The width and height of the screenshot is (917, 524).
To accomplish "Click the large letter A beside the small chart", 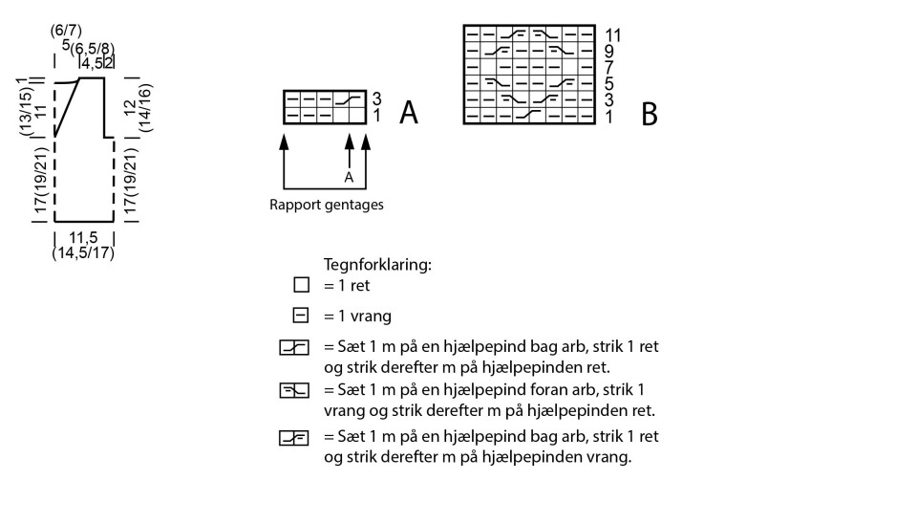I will pyautogui.click(x=409, y=113).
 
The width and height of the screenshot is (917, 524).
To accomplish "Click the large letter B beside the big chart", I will pyautogui.click(x=650, y=115).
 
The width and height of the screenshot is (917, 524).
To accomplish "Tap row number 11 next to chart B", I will pyautogui.click(x=613, y=35).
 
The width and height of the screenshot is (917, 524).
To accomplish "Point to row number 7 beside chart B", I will pyautogui.click(x=609, y=68).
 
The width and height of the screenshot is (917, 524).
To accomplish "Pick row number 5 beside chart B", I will pyautogui.click(x=609, y=84).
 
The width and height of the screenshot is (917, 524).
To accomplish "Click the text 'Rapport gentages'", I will pyautogui.click(x=327, y=204).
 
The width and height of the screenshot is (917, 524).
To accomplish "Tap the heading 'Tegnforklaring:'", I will pyautogui.click(x=377, y=265).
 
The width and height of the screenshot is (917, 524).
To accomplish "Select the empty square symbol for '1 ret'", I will pyautogui.click(x=302, y=285).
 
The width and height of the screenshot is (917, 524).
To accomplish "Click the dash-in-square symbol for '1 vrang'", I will pyautogui.click(x=302, y=316).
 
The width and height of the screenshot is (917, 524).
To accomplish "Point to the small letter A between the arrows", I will pyautogui.click(x=349, y=177).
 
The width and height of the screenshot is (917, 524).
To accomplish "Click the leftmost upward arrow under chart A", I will pyautogui.click(x=284, y=143).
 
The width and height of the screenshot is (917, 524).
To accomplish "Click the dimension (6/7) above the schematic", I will pyautogui.click(x=66, y=31).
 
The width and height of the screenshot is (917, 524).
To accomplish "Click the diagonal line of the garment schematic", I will pyautogui.click(x=67, y=107).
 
